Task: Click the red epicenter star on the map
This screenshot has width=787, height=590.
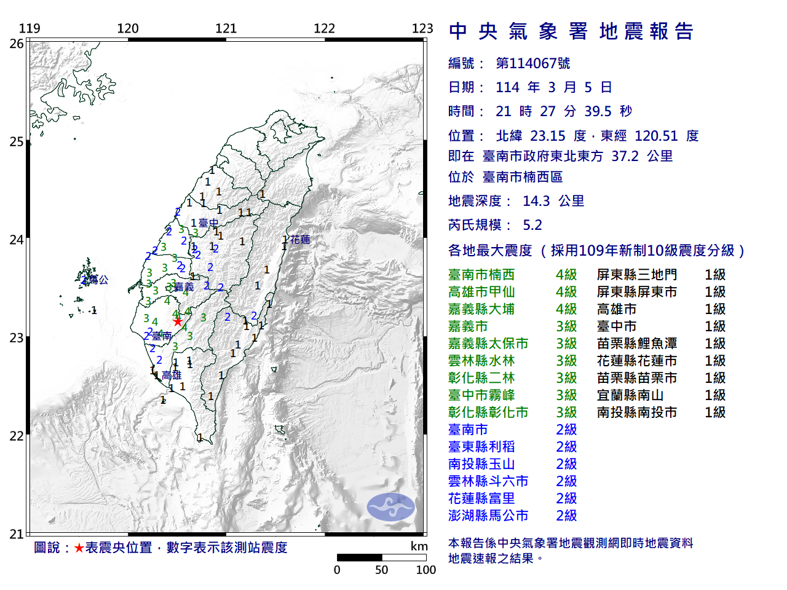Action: pos(178,321)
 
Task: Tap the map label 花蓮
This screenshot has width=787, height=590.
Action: pos(300,240)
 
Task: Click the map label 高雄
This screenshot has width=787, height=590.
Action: pos(172,375)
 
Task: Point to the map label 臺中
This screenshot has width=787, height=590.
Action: pos(208,223)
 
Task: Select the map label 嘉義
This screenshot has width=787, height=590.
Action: pos(184,287)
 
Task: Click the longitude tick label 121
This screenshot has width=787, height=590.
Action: pos(226,28)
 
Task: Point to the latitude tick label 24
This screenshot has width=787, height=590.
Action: pos(16,240)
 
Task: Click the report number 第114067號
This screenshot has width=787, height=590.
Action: pos(533,63)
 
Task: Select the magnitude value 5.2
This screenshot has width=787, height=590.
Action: pos(532,225)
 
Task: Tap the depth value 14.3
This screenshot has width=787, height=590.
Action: pos(536,201)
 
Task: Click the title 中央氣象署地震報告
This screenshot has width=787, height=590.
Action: pos(571,31)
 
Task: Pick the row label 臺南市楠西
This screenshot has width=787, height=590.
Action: pos(481,275)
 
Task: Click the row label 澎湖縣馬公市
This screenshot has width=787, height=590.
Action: pos(488,516)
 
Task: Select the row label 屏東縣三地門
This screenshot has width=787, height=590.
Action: pos(637,275)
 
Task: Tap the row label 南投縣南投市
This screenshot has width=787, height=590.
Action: pos(637,412)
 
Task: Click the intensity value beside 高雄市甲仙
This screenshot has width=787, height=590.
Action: pos(566,292)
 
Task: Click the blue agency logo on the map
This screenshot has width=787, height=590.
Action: pos(391,507)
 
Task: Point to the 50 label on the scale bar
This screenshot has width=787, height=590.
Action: pos(382,570)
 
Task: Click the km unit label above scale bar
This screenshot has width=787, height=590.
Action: pos(419,546)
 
